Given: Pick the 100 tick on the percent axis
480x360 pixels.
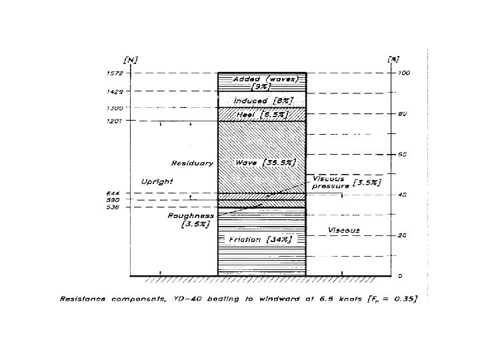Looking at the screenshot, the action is pyautogui.click(x=404, y=73).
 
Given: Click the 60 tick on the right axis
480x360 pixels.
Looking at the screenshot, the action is pyautogui.click(x=402, y=154).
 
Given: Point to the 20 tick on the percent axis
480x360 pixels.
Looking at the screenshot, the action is pyautogui.click(x=402, y=235).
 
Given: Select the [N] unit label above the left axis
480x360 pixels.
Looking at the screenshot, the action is pyautogui.click(x=131, y=60).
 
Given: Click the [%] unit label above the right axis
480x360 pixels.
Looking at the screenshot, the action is pyautogui.click(x=393, y=60).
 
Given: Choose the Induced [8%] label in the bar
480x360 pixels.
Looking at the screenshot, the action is pyautogui.click(x=263, y=100).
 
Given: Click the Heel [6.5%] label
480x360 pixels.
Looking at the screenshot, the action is pyautogui.click(x=261, y=115).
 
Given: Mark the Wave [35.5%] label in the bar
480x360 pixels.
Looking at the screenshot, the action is pyautogui.click(x=265, y=162).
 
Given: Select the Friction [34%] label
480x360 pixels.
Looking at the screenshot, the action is pyautogui.click(x=260, y=239).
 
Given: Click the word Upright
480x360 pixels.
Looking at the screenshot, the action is pyautogui.click(x=157, y=181).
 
